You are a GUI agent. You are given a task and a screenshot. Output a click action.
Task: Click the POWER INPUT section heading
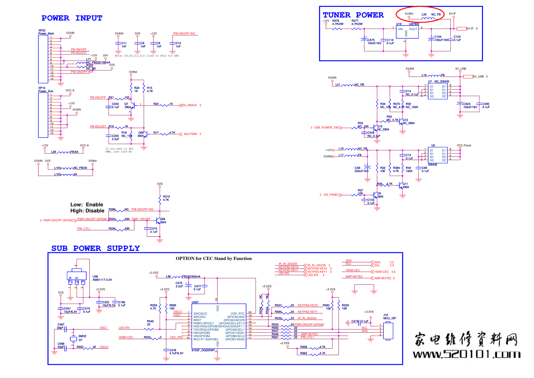(72, 18)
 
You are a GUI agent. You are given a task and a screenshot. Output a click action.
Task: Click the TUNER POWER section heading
(353, 15)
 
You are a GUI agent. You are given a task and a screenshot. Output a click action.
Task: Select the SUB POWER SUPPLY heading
(95, 248)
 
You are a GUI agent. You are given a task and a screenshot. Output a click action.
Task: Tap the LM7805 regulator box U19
(407, 32)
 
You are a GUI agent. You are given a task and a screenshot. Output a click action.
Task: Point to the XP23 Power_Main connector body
(43, 59)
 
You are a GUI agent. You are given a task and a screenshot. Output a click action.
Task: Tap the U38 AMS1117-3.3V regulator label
(102, 278)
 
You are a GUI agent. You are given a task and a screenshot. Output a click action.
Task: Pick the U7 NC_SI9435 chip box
(437, 91)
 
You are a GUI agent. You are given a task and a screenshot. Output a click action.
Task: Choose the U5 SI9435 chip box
(437, 155)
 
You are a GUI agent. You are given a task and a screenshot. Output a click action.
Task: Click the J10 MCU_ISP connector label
(389, 317)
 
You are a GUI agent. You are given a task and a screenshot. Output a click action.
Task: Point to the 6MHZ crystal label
(82, 336)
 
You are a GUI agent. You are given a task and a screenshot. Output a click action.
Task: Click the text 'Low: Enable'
(87, 204)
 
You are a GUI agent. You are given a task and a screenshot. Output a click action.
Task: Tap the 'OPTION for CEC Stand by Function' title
(213, 258)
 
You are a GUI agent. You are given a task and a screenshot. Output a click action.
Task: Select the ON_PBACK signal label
(189, 105)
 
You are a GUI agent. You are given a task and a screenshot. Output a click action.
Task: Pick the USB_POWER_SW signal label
(326, 128)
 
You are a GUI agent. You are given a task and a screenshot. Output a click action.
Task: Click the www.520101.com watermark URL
(466, 354)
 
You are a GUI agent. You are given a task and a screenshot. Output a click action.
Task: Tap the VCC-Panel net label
(464, 145)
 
